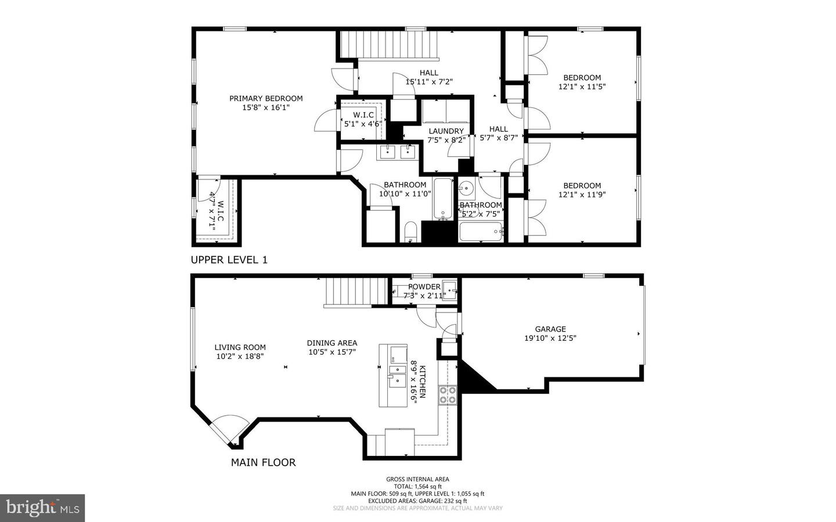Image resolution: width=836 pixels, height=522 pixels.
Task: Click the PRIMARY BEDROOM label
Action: [266, 99]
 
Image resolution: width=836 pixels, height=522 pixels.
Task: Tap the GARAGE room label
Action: [550, 329]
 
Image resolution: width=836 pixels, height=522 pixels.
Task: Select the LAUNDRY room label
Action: [446, 131]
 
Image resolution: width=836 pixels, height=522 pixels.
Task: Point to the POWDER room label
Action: [424, 287]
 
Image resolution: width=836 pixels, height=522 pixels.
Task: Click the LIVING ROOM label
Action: [240, 347]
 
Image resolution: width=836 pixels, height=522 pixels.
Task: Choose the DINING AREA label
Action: [332, 343]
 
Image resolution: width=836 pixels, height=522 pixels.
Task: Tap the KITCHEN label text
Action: [423, 382]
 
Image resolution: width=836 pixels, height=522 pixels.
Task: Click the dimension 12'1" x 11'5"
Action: [582, 87]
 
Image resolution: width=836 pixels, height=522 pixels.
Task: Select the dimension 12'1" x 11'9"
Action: [582, 195]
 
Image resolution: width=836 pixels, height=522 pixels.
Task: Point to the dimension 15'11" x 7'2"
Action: [429, 82]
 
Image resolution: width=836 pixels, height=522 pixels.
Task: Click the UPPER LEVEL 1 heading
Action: [229, 260]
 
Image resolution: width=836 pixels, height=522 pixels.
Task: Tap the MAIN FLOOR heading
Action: [263, 463]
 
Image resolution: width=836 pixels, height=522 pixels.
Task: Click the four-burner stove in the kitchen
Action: [447, 395]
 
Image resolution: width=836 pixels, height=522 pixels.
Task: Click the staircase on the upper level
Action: [388, 45]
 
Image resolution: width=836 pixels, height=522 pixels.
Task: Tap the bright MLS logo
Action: [42, 508]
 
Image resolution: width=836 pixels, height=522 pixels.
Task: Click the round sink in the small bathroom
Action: [467, 189]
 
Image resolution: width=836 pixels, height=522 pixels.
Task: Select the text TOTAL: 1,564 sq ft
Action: [418, 487]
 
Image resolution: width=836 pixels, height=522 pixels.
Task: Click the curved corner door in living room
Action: [228, 430]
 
